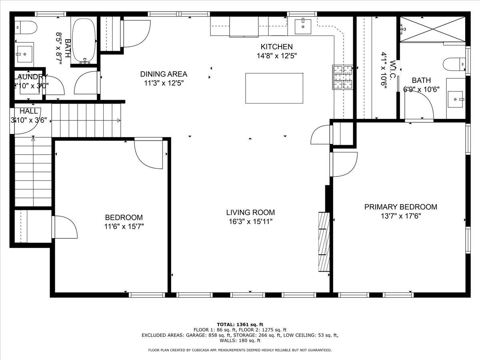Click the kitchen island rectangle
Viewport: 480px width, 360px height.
274,88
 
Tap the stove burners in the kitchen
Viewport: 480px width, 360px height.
343,77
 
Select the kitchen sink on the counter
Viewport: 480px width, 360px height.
303,26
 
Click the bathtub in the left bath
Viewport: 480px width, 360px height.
84,40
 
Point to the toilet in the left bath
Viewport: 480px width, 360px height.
26,28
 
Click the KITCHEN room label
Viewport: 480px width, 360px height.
276,47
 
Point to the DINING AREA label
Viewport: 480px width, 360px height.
164,74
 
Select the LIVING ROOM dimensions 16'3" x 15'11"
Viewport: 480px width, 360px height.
250,221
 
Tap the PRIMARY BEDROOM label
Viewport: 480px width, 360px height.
400,207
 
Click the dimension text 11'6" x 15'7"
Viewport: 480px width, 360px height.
124,226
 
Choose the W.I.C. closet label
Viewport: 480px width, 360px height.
394,70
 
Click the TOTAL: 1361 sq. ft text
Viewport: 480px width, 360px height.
240,324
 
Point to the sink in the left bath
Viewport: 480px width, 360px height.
25,52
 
